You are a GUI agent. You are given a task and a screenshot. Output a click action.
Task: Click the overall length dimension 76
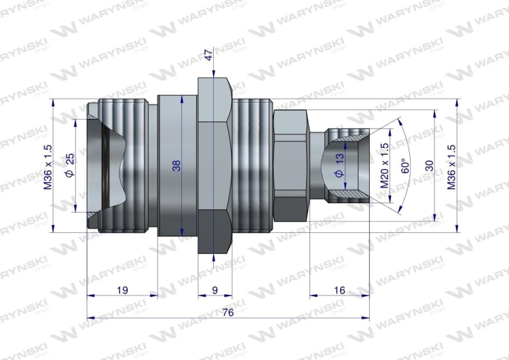(x=228, y=312)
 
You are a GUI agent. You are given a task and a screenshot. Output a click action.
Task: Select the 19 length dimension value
(x=122, y=290)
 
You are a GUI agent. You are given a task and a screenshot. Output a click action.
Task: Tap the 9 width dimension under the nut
(x=215, y=290)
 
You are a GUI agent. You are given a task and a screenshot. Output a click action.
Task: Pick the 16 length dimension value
(x=339, y=290)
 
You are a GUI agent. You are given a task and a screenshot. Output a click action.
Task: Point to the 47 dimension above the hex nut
(x=209, y=54)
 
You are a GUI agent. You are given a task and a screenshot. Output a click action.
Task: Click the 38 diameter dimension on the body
(x=176, y=165)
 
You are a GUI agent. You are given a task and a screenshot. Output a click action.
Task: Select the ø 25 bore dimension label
(x=70, y=165)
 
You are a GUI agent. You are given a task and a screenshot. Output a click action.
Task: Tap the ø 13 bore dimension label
(x=339, y=165)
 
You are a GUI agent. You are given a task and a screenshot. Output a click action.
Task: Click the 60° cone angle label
(x=404, y=166)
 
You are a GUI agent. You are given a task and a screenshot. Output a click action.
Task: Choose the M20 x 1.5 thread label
(x=385, y=166)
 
